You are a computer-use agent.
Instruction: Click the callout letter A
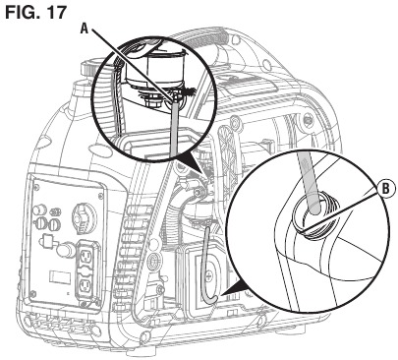tap(85, 29)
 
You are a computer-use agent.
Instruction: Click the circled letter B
tap(386, 189)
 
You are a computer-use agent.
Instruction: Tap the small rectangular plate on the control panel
tap(60, 277)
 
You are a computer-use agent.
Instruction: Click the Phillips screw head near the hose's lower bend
tap(210, 277)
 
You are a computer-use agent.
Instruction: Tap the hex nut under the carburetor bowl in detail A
tap(151, 102)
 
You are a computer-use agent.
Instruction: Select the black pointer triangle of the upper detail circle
tap(190, 164)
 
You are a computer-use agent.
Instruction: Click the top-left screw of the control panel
tap(36, 187)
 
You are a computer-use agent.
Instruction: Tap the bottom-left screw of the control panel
tap(32, 294)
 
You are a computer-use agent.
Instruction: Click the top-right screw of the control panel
tap(100, 196)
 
